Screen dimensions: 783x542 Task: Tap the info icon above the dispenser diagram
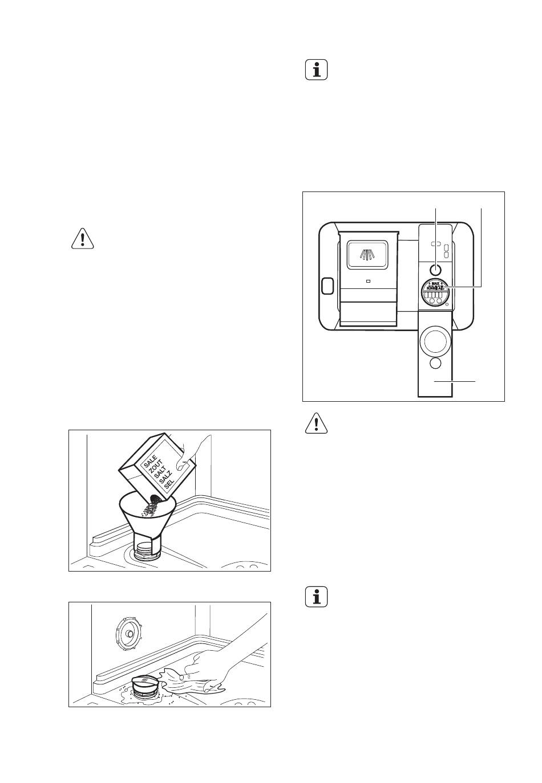tap(317, 70)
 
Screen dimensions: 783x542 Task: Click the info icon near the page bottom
tap(317, 597)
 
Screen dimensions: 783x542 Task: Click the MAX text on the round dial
tap(435, 283)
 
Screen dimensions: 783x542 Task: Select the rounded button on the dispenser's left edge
tap(327, 286)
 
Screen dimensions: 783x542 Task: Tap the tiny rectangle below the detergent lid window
tap(368, 281)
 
